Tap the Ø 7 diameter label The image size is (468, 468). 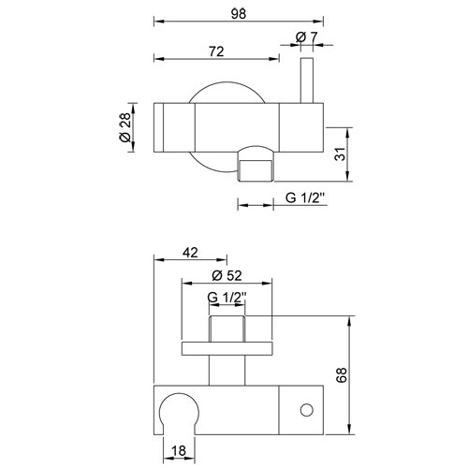306,37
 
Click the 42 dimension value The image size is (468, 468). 189,252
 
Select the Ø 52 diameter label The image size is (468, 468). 228,274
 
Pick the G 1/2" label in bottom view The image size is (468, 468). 227,298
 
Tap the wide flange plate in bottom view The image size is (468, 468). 227,350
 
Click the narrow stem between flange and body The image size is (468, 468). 227,369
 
